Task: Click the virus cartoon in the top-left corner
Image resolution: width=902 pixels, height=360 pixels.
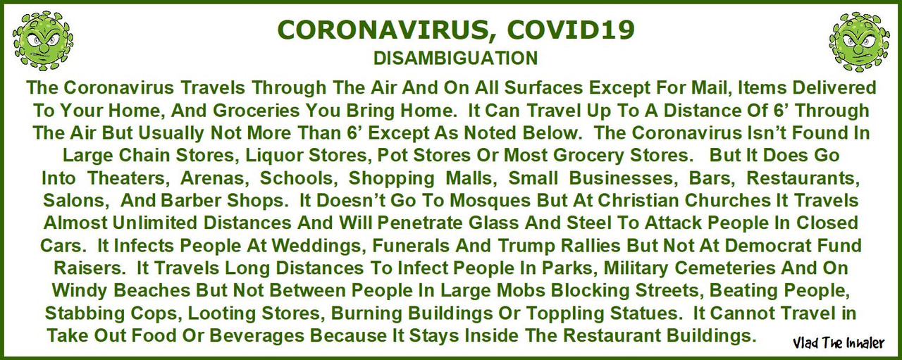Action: tap(43, 41)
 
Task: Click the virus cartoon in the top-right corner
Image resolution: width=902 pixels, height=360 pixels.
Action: tap(858, 42)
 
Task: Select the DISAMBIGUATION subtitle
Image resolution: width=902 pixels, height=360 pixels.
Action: tap(455, 58)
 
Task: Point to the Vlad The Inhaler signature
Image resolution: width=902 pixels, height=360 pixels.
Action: tap(839, 343)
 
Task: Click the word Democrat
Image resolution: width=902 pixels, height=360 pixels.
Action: tap(768, 246)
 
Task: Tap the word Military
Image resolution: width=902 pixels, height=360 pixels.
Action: tap(635, 268)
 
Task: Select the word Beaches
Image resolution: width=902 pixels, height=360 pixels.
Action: tap(152, 291)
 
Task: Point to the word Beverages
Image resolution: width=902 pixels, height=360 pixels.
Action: tap(258, 336)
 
